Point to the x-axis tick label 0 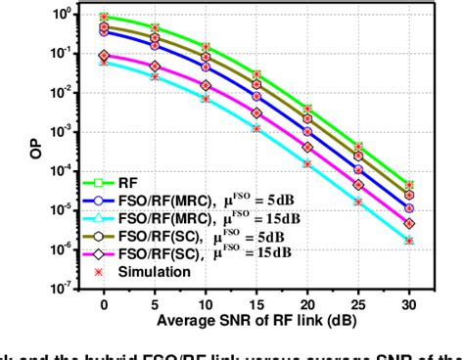(104, 306)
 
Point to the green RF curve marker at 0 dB (104, 17)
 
